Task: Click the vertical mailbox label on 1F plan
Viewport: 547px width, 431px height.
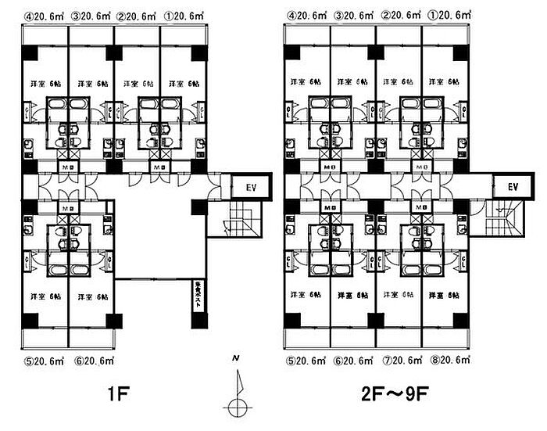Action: [198, 298]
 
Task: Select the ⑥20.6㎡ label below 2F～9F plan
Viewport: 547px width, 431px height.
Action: [353, 361]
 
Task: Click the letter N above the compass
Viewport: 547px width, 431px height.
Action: [235, 358]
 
